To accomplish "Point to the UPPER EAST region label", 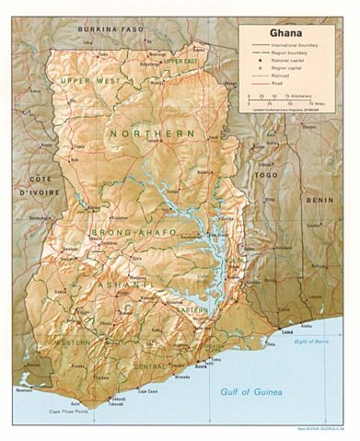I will click(x=181, y=61).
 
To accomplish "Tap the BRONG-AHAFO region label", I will click(x=131, y=233).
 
